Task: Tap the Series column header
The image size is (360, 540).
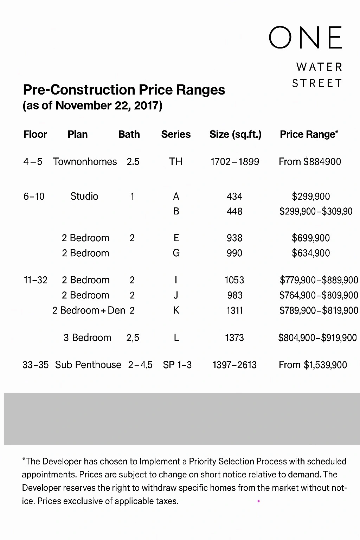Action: [x=176, y=134]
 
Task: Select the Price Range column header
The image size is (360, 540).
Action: [x=309, y=134]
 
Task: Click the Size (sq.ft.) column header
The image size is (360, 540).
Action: [x=235, y=134]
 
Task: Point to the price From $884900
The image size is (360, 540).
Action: [x=310, y=162]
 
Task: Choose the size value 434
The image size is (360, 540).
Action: [x=234, y=197]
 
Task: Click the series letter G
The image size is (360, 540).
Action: [x=176, y=253]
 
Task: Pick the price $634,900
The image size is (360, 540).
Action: [x=311, y=253]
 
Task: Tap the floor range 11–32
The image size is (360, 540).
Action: [x=35, y=280]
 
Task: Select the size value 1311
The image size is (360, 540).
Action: [x=234, y=310]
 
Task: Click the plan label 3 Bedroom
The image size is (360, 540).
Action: [x=87, y=338]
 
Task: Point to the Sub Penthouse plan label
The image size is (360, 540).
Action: [x=88, y=365]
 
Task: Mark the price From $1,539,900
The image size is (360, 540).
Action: [x=313, y=365]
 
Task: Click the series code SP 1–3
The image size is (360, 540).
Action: [x=177, y=365]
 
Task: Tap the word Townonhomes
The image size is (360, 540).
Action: [x=85, y=162]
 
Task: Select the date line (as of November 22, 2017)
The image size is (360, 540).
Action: [x=92, y=105]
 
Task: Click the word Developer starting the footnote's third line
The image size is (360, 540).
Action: [x=41, y=488]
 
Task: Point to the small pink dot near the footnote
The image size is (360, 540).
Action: [x=259, y=501]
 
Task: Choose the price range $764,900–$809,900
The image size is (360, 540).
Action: [x=319, y=295]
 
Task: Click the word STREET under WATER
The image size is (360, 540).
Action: [x=317, y=83]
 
